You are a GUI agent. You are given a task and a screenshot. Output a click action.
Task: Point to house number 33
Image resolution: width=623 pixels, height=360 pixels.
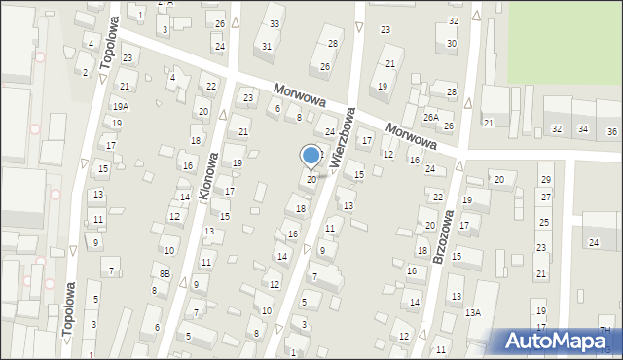click(x=275, y=23)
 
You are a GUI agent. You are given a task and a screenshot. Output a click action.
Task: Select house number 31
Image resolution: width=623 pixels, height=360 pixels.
click(x=266, y=46)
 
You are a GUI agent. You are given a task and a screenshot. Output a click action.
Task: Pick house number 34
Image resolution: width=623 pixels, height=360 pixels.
click(x=582, y=129)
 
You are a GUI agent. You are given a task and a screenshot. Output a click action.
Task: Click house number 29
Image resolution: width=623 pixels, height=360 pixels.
click(x=545, y=180)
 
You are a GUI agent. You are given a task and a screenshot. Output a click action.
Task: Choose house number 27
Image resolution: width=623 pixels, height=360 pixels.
click(x=545, y=198)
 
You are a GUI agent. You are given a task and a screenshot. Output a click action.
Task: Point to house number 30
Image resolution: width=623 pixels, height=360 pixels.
click(x=452, y=44)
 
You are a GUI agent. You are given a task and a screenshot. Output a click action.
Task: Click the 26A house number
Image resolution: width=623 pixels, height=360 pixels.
click(x=430, y=118)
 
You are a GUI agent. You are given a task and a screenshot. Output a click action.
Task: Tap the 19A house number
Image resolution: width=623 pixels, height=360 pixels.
click(x=120, y=106)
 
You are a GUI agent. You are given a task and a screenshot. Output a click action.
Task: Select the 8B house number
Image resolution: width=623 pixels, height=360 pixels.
click(x=165, y=275)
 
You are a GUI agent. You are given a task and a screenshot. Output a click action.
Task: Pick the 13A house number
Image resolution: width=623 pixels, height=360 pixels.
click(x=473, y=312)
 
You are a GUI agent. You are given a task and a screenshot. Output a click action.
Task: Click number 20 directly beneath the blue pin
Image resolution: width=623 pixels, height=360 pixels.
click(x=311, y=180)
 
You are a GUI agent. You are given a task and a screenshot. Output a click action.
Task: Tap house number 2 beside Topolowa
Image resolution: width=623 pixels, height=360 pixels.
click(x=86, y=72)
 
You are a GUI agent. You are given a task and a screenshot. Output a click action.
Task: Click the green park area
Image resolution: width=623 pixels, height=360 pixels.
click(x=565, y=39)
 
